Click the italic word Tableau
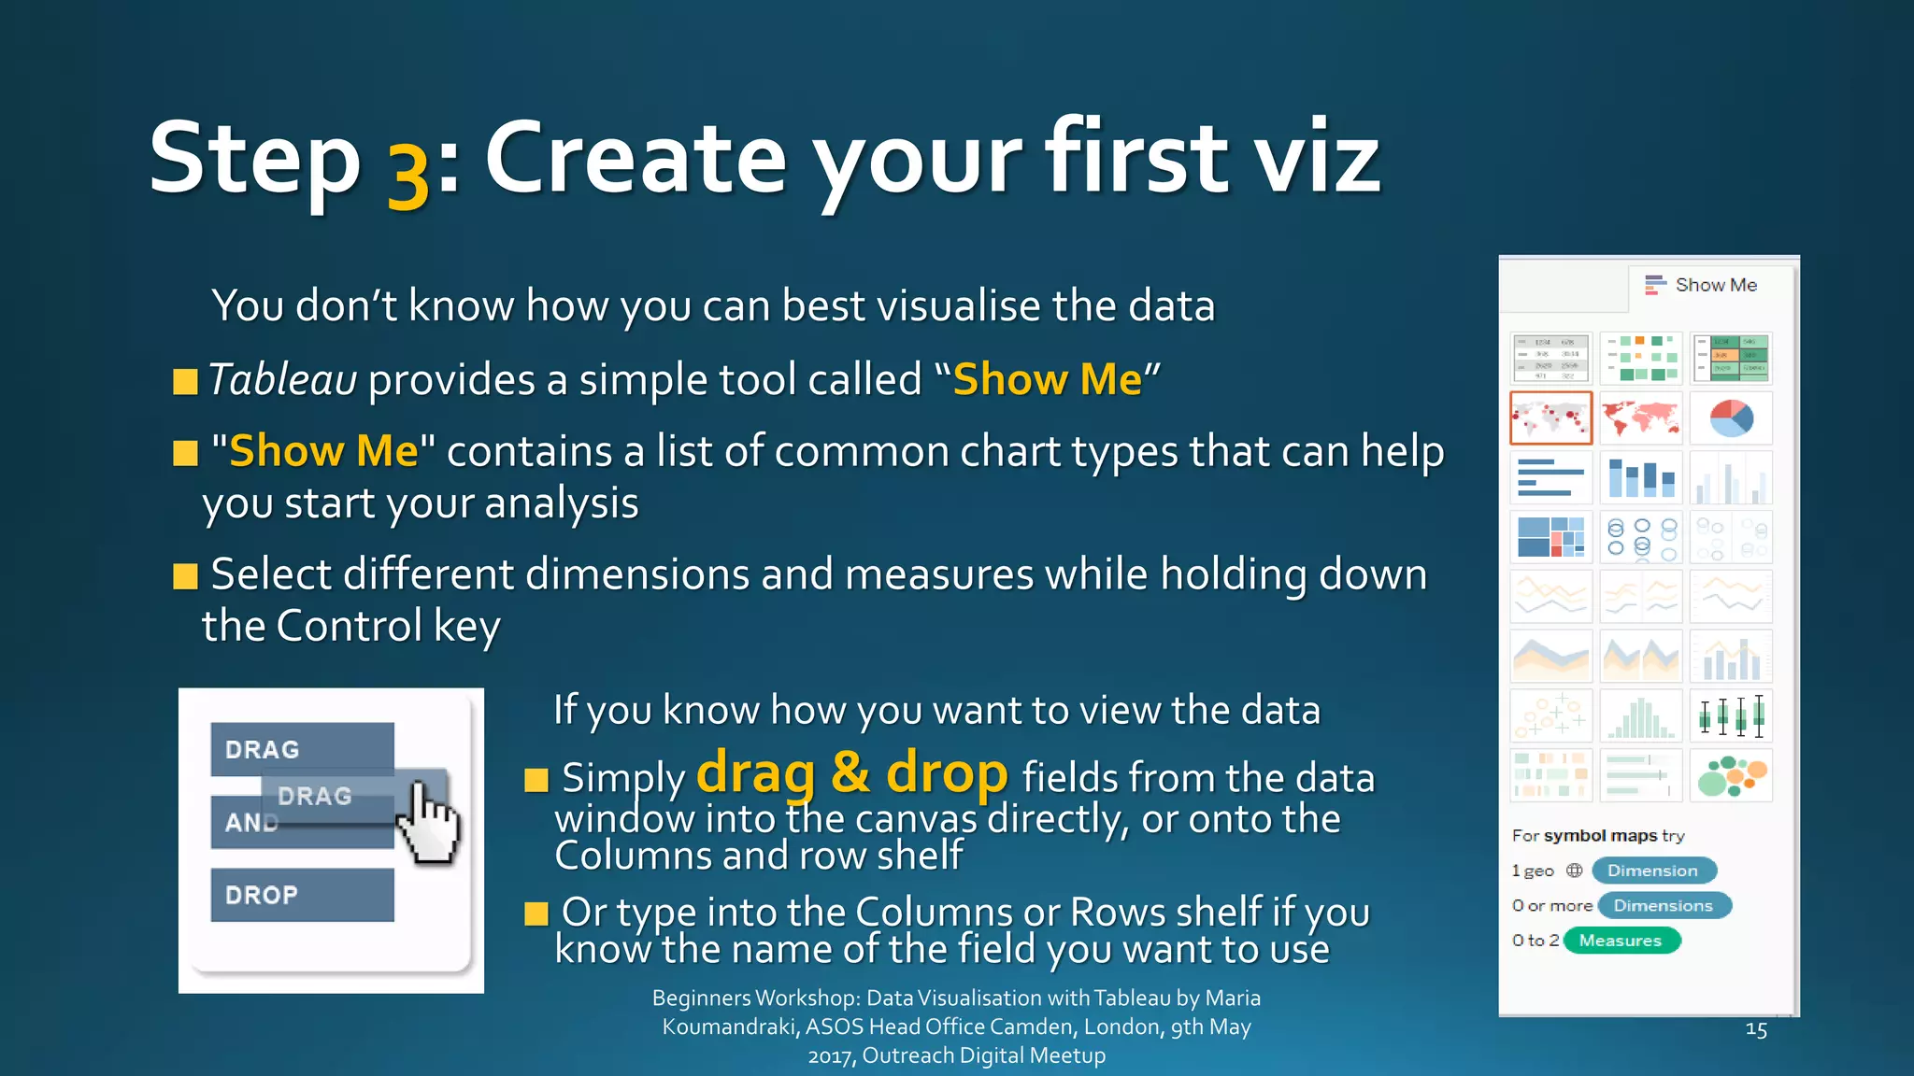tap(282, 380)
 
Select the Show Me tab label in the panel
tap(1715, 285)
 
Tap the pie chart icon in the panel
tap(1731, 418)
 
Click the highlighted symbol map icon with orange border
tap(1550, 418)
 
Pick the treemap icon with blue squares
tap(1550, 537)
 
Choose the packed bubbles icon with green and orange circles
tap(1731, 776)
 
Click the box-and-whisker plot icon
tap(1731, 716)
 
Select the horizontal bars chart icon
tap(1550, 477)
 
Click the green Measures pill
tap(1621, 941)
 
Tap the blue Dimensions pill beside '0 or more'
tap(1664, 906)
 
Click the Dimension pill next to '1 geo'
tap(1652, 871)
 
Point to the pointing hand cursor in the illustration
tap(430, 822)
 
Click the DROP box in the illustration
tap(302, 895)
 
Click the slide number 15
tap(1756, 1030)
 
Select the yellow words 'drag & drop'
tap(851, 774)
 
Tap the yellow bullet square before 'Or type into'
tap(536, 913)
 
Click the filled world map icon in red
tap(1640, 418)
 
